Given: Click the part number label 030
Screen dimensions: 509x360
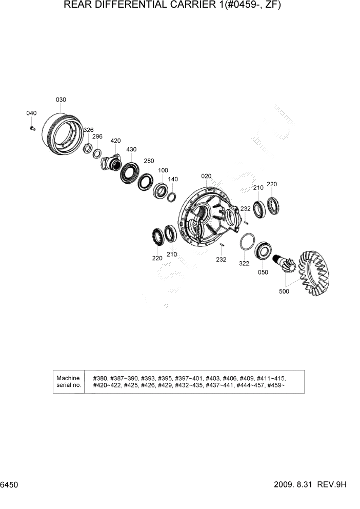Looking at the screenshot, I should (61, 100).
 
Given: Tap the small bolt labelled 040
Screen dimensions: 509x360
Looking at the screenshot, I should (32, 127).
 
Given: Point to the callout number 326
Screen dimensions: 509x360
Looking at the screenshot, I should (88, 130).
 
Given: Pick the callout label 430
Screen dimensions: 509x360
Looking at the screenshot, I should (131, 149).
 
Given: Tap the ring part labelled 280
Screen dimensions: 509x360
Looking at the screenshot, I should (145, 181).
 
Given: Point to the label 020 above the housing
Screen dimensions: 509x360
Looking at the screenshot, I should (206, 177).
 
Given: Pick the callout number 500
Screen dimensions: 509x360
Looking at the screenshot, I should (284, 291).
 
